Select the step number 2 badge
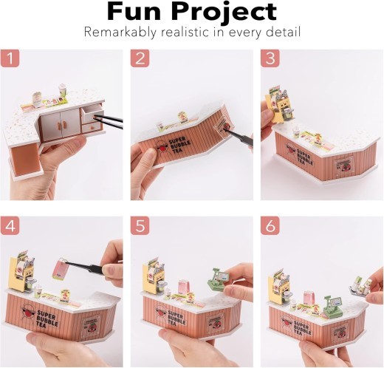(141, 59)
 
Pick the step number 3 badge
(270, 59)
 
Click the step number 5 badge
(141, 225)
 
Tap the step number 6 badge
(270, 225)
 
